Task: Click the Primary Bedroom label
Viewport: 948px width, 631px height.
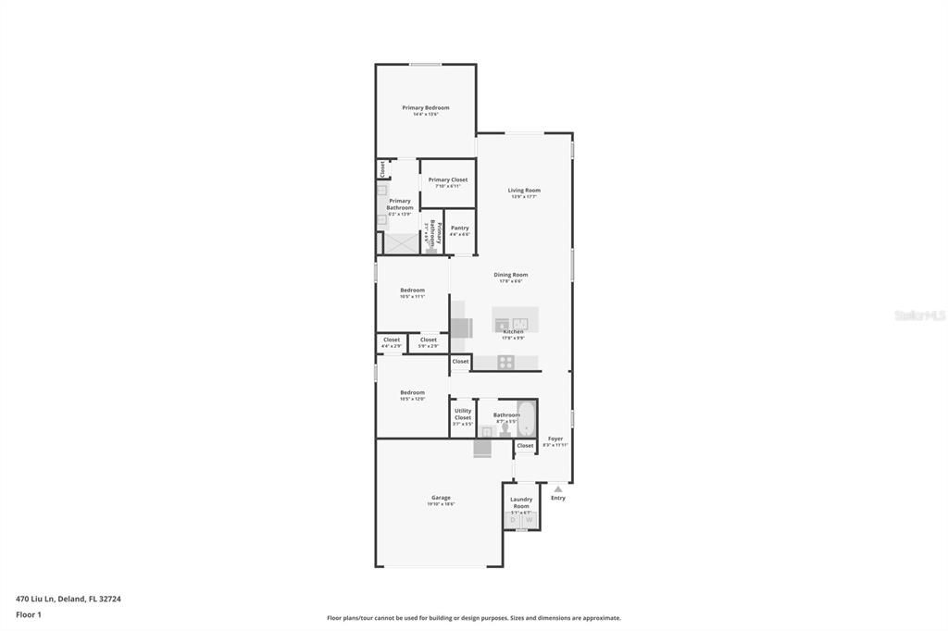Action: click(426, 108)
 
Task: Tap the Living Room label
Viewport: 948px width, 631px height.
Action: click(524, 191)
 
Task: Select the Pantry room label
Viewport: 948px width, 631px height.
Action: click(460, 228)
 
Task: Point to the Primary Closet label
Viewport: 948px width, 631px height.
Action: click(448, 180)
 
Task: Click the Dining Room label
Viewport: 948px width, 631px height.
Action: click(510, 275)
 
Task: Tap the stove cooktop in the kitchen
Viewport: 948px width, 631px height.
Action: click(505, 362)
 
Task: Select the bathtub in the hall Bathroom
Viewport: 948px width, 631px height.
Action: click(527, 418)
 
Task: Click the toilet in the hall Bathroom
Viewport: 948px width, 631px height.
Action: click(505, 430)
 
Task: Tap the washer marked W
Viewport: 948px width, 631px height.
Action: click(529, 521)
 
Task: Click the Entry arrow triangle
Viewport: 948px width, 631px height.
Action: click(557, 489)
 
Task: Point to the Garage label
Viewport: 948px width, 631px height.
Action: click(441, 498)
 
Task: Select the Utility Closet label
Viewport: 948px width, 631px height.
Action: click(463, 414)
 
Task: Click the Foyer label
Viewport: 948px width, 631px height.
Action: click(555, 439)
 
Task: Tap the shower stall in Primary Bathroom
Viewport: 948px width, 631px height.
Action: click(402, 243)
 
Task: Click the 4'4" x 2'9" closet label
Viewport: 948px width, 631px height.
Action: click(392, 340)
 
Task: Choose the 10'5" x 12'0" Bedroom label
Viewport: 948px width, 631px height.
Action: click(412, 393)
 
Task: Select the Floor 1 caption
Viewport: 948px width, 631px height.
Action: click(29, 614)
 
